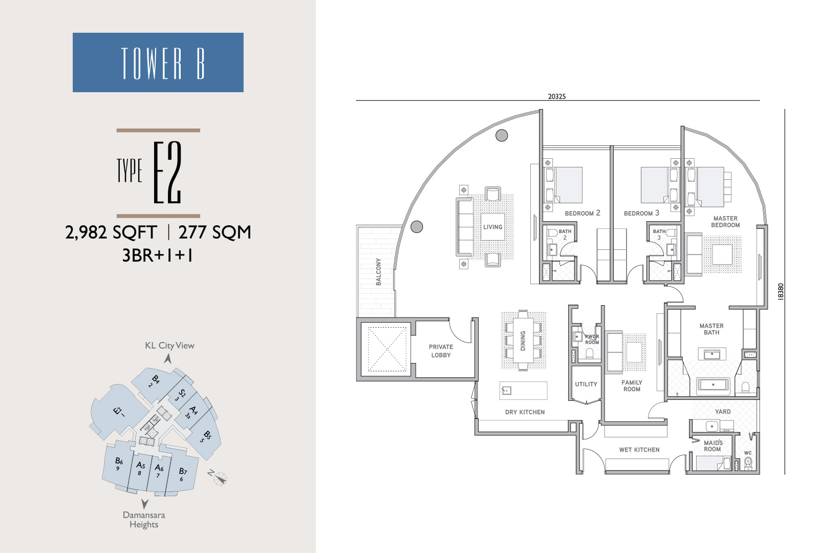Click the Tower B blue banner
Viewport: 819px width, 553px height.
click(158, 62)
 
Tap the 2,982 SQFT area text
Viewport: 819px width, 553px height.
click(111, 232)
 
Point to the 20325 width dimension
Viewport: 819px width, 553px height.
click(556, 97)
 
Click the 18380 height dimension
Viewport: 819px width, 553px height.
click(781, 291)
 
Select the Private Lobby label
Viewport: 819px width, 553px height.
click(441, 351)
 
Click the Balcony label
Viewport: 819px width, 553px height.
click(378, 271)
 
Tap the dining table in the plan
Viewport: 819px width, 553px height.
click(523, 341)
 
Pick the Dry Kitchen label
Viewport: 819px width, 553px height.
click(525, 412)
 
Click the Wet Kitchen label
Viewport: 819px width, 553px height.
click(639, 450)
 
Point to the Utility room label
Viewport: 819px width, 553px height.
click(586, 384)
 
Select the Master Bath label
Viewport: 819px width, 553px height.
click(712, 329)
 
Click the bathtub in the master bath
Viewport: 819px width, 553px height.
click(713, 385)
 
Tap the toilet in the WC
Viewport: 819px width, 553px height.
click(748, 463)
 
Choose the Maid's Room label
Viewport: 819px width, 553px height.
click(713, 446)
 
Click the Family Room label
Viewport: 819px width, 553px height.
click(632, 386)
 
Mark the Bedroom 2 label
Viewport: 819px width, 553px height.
click(583, 213)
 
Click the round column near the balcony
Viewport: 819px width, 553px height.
click(417, 227)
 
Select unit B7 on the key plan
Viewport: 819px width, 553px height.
click(182, 473)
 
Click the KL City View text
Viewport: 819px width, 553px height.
click(169, 346)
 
